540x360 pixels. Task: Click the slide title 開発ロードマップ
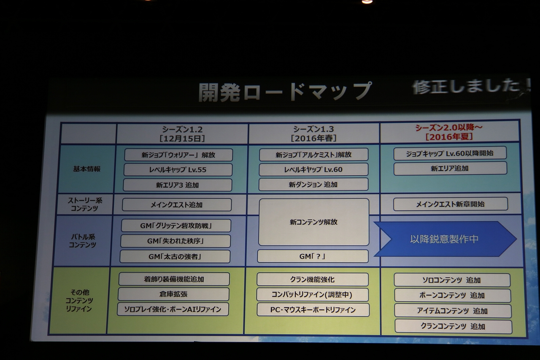(285, 92)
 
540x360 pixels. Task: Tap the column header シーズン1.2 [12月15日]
(182, 134)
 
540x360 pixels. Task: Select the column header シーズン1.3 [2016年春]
(313, 134)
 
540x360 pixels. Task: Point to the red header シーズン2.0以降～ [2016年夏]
(448, 132)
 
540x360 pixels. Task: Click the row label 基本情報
(87, 169)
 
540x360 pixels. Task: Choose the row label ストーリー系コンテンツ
(85, 204)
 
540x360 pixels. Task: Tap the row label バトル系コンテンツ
(83, 241)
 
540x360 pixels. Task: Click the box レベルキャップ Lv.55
(178, 170)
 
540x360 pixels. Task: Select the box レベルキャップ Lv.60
(313, 170)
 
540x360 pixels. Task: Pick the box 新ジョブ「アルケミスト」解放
(313, 154)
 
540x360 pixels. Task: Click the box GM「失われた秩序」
(175, 241)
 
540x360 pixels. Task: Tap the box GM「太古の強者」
(175, 256)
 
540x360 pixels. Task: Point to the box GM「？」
(313, 256)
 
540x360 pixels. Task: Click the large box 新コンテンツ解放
(313, 222)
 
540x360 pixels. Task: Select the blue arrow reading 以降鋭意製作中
(445, 239)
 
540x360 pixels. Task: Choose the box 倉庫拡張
(173, 294)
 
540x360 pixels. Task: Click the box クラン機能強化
(313, 279)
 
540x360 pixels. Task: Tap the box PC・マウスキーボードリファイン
(313, 310)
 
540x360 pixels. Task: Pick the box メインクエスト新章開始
(450, 204)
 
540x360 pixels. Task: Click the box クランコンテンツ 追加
(453, 327)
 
